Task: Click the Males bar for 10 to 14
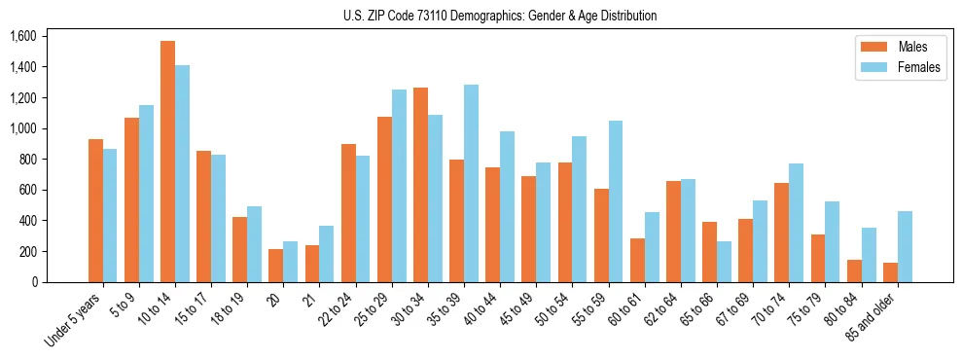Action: (x=167, y=162)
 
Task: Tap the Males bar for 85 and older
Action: (x=890, y=272)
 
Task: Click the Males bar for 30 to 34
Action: (x=420, y=185)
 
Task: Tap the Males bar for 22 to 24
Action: (x=348, y=213)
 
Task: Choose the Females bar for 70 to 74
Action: (x=796, y=223)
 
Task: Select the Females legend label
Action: (x=919, y=69)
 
